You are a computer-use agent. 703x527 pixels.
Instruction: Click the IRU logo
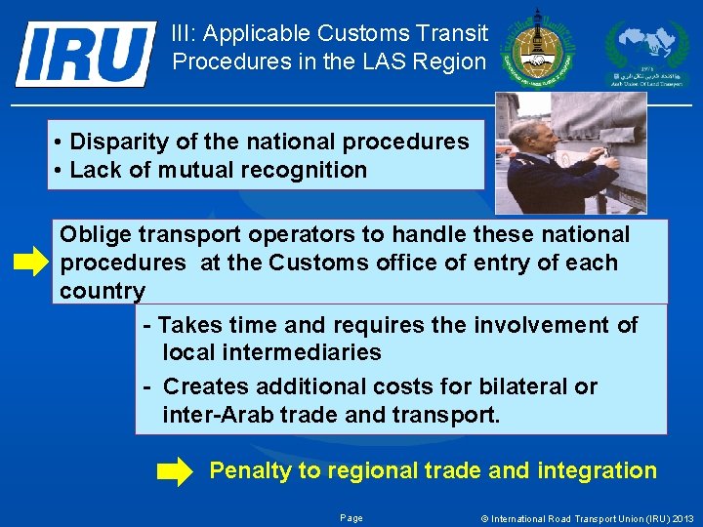(86, 53)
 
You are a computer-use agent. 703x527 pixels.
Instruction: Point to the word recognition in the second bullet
(308, 170)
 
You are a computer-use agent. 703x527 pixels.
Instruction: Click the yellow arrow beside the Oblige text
(31, 263)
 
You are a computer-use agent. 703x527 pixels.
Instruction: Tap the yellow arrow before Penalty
(175, 473)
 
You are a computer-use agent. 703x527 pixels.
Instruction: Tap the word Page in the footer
(351, 518)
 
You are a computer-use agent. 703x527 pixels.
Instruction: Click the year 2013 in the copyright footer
(682, 518)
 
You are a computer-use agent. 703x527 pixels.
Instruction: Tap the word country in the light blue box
(103, 291)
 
